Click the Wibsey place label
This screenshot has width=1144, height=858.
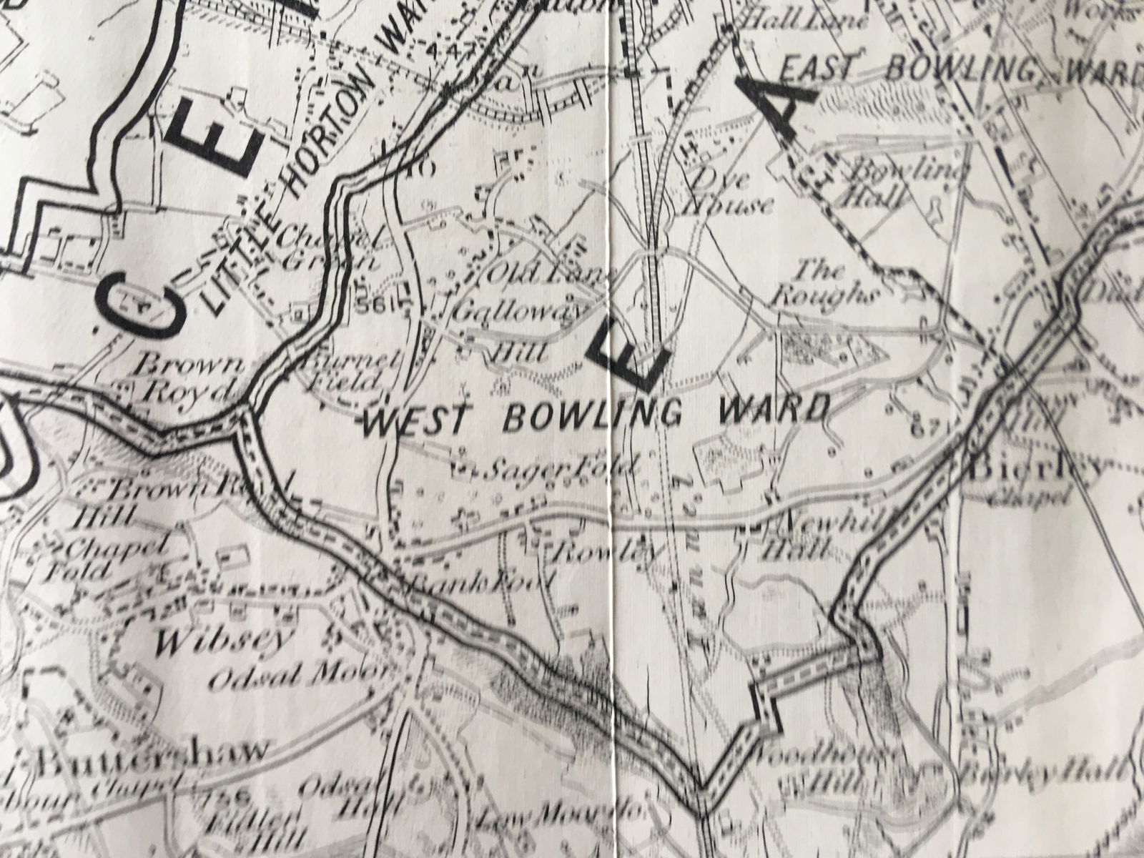(194, 641)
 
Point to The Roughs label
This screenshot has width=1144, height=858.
(833, 283)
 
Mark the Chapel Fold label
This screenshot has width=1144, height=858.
(114, 558)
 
